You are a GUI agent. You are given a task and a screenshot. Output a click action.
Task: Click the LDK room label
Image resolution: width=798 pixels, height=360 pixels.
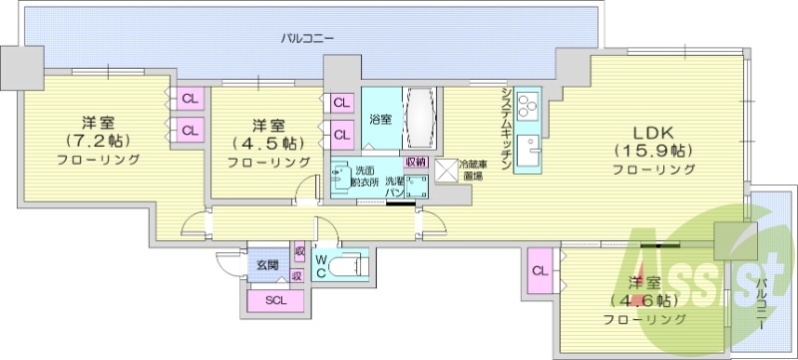(x=653, y=132)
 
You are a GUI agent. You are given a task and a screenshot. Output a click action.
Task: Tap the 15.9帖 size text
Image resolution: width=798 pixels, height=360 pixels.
(x=653, y=151)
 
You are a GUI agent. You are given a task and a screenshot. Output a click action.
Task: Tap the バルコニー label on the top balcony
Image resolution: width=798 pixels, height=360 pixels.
(x=306, y=38)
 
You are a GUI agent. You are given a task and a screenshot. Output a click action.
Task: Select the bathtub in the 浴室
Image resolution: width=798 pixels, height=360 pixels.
(x=419, y=118)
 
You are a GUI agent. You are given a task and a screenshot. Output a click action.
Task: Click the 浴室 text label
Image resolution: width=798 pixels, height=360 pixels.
(x=380, y=120)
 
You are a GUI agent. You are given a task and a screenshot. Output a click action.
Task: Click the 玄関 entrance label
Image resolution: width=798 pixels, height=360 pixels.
(x=266, y=264)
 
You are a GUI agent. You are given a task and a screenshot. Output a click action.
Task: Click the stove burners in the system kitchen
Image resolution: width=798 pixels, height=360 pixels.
(x=528, y=103)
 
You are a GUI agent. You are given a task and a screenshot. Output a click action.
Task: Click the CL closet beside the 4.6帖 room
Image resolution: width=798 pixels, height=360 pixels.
(x=540, y=271)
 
